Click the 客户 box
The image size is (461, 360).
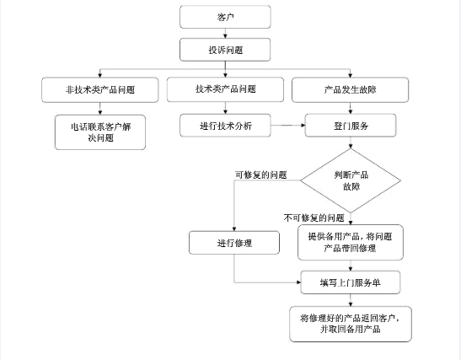pyautogui.click(x=225, y=17)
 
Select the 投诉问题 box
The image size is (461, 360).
pyautogui.click(x=225, y=50)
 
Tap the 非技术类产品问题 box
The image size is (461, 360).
pyautogui.click(x=100, y=89)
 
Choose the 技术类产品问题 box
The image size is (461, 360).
pyautogui.click(x=225, y=89)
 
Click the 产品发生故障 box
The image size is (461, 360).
pyautogui.click(x=350, y=89)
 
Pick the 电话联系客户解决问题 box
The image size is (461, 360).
pyautogui.click(x=100, y=132)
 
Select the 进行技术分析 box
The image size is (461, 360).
pyautogui.click(x=225, y=126)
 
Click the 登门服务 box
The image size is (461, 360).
pyautogui.click(x=351, y=126)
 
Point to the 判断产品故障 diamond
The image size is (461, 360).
pyautogui.click(x=351, y=180)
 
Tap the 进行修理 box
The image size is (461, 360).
pyautogui.click(x=234, y=243)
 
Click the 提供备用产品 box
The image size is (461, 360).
pyautogui.click(x=351, y=242)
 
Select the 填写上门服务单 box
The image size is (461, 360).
pyautogui.click(x=351, y=282)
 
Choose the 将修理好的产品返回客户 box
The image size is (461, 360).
pyautogui.click(x=351, y=324)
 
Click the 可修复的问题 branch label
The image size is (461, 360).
pyautogui.click(x=260, y=175)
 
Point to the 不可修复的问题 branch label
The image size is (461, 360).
pyautogui.click(x=314, y=218)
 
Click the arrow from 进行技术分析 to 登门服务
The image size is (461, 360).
pyautogui.click(x=288, y=126)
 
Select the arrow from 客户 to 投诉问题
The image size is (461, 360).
pyautogui.click(x=225, y=33)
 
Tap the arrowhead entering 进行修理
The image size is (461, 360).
pyautogui.click(x=234, y=229)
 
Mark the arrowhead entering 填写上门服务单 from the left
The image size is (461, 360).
pyautogui.click(x=298, y=282)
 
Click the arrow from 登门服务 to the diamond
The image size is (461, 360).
pyautogui.click(x=351, y=142)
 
